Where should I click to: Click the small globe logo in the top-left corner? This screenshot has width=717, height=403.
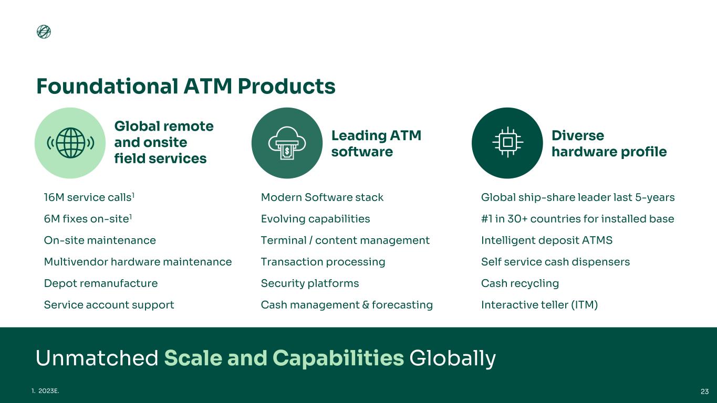coord(44,31)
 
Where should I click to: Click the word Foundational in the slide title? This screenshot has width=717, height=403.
coord(107,86)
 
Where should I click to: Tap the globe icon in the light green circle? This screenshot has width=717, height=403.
coord(70,143)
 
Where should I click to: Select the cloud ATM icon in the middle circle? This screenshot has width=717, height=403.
coord(287,143)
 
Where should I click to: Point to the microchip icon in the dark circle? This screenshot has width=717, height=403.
coord(507,142)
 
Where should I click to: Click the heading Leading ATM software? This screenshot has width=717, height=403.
coord(376,143)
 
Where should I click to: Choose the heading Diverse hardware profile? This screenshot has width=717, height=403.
coord(609,143)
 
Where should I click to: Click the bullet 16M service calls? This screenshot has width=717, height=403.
coord(89,197)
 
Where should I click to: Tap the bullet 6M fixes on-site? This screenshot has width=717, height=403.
coord(88,219)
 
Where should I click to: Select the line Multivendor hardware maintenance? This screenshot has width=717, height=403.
coord(138,262)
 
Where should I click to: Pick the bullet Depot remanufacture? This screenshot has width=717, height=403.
coord(101,283)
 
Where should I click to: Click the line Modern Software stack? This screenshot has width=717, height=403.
coord(322,197)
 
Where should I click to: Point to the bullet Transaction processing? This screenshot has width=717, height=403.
coord(323,262)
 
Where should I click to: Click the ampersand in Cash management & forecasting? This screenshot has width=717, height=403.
coord(366,305)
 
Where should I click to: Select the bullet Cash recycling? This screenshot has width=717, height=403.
coord(520,283)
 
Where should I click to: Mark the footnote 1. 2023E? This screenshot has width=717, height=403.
coord(46,391)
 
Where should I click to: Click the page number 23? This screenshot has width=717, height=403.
coord(704,391)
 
